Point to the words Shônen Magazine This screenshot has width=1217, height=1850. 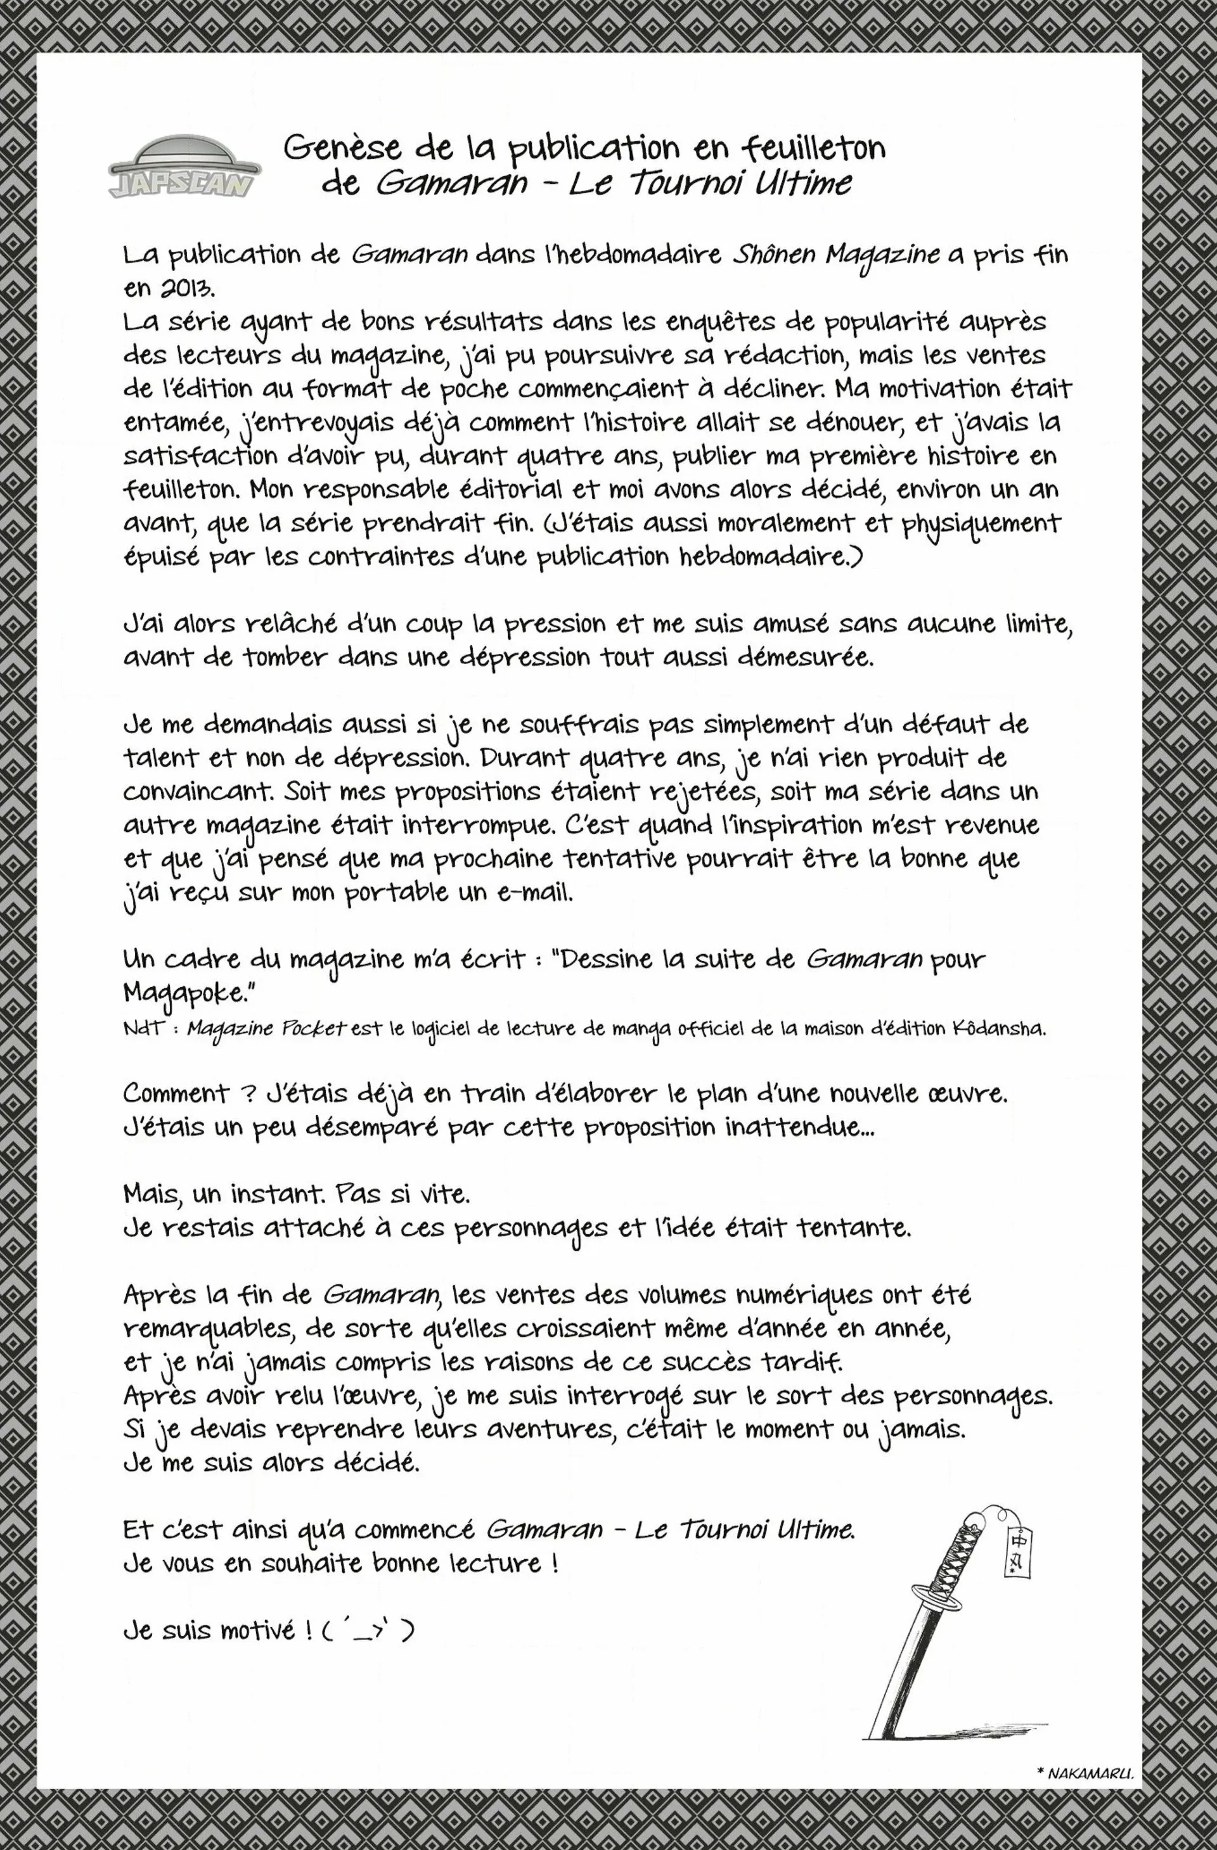coord(836,257)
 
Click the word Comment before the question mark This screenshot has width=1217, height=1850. coord(176,1093)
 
